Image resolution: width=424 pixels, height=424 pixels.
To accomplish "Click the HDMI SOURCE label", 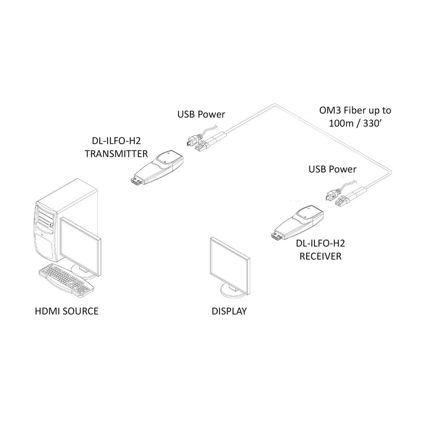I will (x=66, y=311).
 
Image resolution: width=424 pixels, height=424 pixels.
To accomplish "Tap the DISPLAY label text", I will (x=229, y=311).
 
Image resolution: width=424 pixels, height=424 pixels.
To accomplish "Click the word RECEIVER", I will (x=321, y=256).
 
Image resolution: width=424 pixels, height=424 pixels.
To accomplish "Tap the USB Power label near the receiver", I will (x=333, y=169).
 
